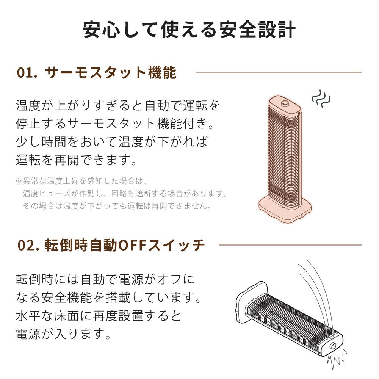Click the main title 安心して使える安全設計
coord(189,30)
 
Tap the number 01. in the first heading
coord(27,72)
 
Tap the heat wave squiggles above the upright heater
coord(321,99)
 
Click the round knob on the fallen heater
coord(333,346)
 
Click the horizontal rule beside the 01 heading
coord(278,72)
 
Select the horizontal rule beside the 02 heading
coord(290,245)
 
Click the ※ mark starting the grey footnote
coord(19,181)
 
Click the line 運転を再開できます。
coord(77,160)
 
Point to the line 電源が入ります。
coord(63,334)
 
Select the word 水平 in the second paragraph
coord(28,316)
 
